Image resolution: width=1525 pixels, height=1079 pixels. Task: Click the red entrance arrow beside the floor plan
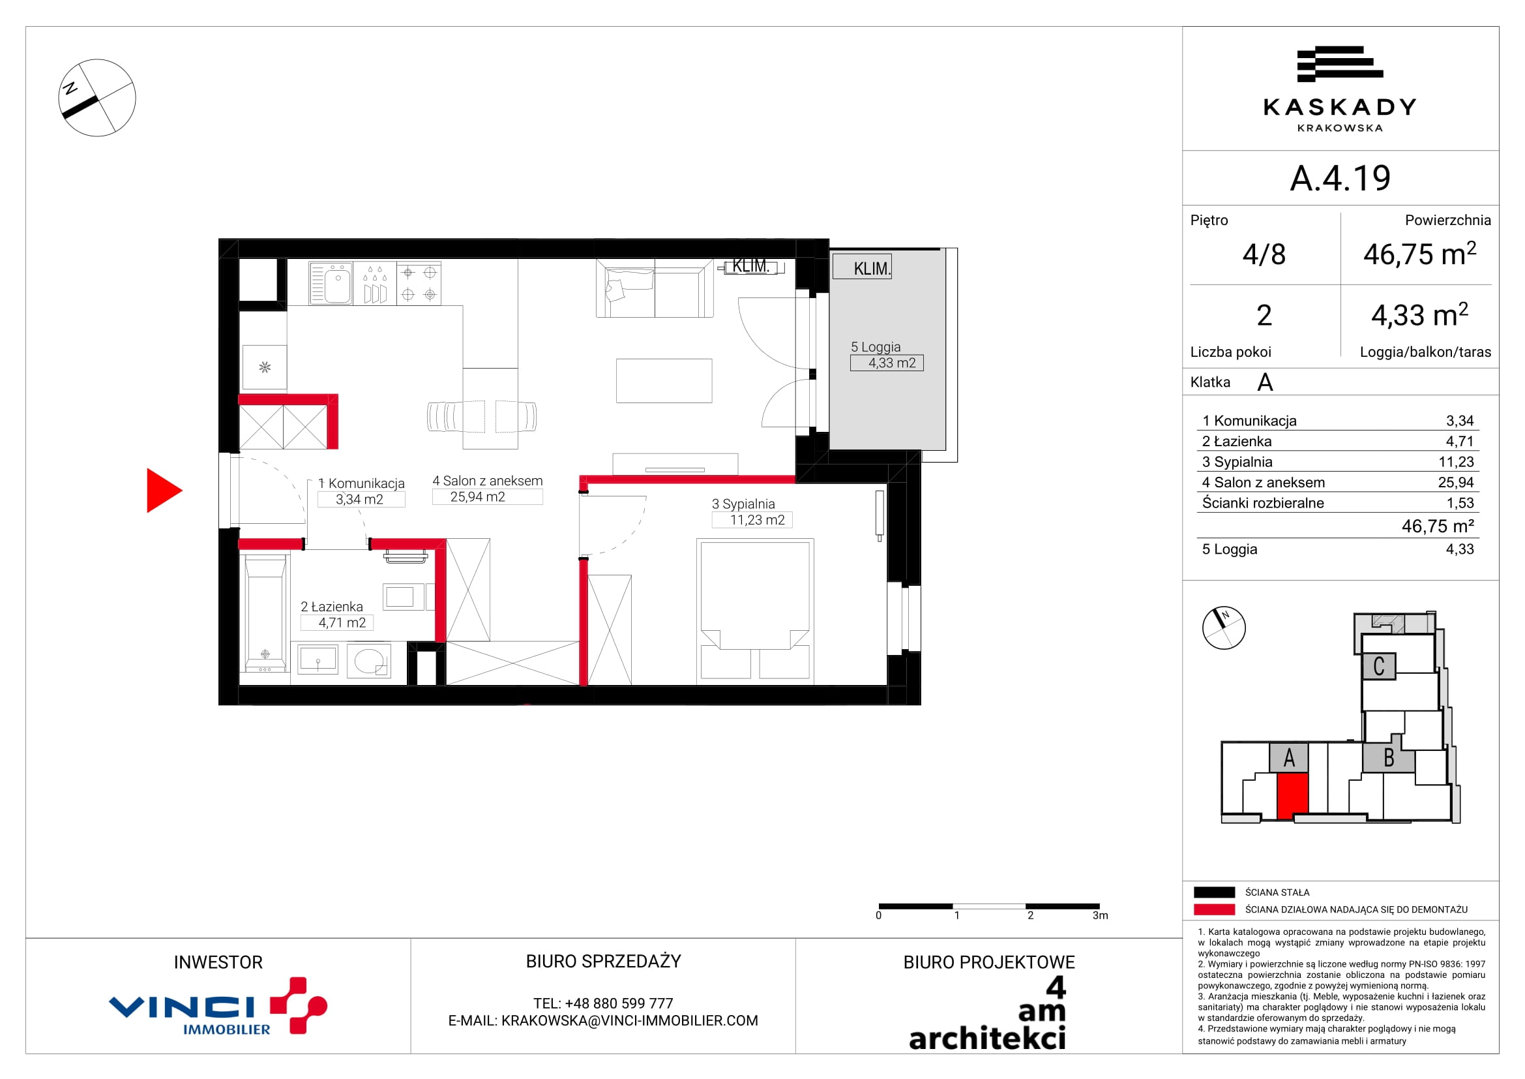[x=164, y=491]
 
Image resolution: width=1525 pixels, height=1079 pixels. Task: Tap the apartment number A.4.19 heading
[x=1340, y=178]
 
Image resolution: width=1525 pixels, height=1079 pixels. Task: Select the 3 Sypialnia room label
[x=743, y=504]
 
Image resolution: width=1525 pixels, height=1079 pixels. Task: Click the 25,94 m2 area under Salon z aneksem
[x=477, y=497]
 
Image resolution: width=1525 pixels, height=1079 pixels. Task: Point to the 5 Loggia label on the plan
[x=876, y=347]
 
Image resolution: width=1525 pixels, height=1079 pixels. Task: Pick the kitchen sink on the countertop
[x=331, y=283]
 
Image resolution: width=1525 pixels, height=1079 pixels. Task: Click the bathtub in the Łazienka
[x=265, y=614]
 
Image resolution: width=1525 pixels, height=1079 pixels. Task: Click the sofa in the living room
[x=654, y=288]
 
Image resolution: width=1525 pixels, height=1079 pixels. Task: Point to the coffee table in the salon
[x=664, y=381]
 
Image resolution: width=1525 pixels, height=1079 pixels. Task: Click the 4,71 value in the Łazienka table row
[x=1460, y=441]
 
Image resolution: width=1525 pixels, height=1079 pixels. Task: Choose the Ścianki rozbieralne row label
[x=1263, y=503]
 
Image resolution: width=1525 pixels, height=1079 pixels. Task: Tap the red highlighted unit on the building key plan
[x=1292, y=795]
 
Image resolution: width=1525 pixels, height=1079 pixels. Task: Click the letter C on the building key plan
[x=1379, y=667]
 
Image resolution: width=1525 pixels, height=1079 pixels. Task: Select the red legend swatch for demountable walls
[x=1214, y=909]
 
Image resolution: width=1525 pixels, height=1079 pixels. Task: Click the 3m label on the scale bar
[x=1101, y=915]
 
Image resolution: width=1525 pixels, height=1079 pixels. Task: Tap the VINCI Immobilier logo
[x=218, y=1006]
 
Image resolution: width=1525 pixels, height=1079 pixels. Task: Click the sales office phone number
[x=603, y=1003]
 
